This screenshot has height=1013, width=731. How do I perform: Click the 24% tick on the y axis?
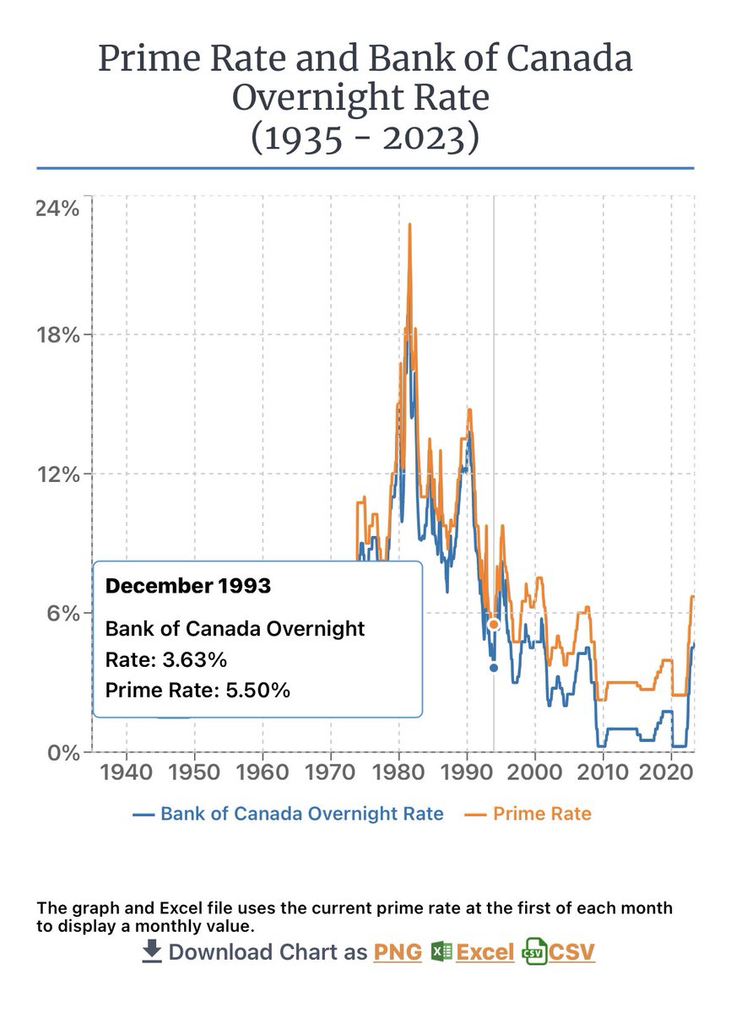[x=57, y=209]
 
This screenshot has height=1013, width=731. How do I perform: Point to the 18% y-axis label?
[x=57, y=334]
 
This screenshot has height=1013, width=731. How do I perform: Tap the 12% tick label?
[x=57, y=474]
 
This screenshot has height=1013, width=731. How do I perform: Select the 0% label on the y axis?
[x=62, y=752]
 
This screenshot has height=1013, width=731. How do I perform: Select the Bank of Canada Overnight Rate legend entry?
[x=288, y=814]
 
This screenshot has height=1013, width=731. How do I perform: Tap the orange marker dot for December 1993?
[x=494, y=625]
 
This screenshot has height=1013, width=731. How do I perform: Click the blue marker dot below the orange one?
[x=494, y=668]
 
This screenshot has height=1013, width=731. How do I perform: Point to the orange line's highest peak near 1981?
[x=409, y=225]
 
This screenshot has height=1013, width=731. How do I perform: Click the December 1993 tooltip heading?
[x=187, y=586]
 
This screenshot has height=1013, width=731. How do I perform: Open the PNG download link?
[x=397, y=952]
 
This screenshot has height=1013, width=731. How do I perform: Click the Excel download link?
[x=485, y=952]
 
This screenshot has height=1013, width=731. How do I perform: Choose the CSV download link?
[x=571, y=952]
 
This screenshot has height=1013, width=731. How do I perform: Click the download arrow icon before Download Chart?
[x=151, y=951]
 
